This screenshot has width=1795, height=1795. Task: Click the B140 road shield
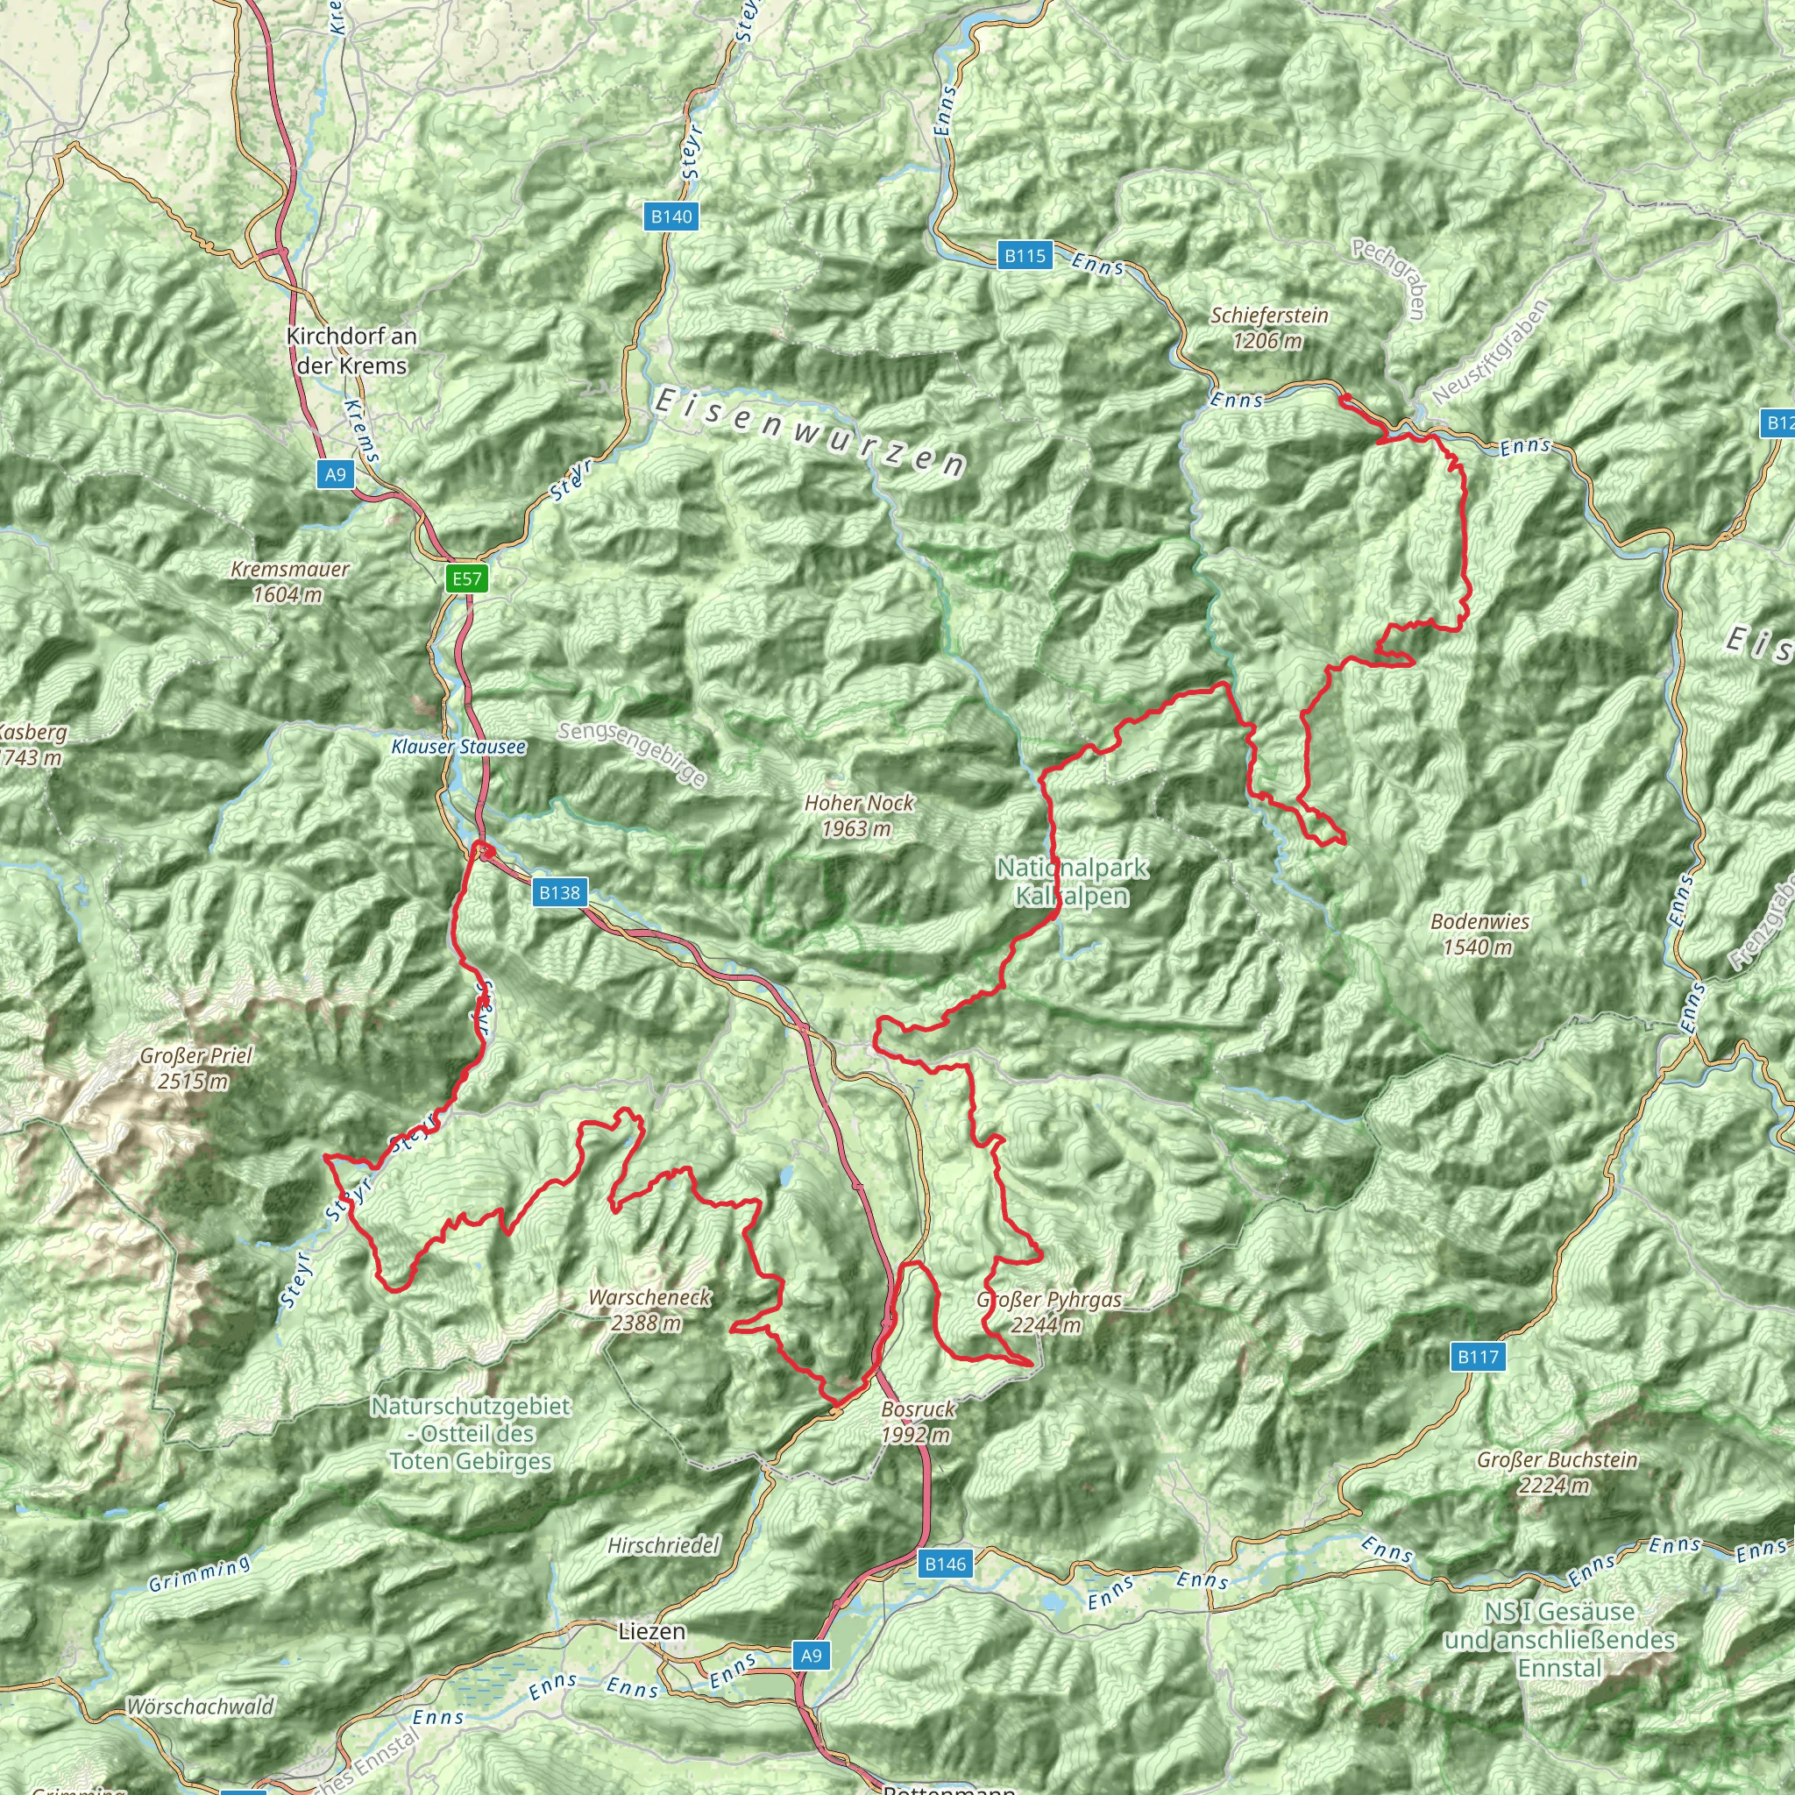click(x=670, y=216)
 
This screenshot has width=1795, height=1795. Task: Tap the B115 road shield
click(x=1025, y=256)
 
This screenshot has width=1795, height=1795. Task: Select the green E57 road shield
click(x=466, y=579)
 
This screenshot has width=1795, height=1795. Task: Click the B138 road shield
click(x=559, y=893)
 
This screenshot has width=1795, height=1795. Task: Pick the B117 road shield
click(x=1477, y=1358)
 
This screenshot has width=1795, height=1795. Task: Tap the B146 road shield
click(x=945, y=1564)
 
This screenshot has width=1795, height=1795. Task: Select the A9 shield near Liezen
click(x=811, y=1656)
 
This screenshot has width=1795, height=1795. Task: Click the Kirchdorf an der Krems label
click(x=351, y=351)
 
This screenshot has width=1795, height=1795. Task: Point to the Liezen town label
click(x=652, y=1631)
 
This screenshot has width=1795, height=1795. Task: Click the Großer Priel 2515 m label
click(x=195, y=1068)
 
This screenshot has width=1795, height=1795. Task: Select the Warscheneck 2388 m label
click(x=649, y=1309)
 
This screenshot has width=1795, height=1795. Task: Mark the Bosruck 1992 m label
click(x=918, y=1422)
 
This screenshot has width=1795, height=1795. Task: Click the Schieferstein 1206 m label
click(x=1268, y=328)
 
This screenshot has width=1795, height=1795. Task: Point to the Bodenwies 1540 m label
click(x=1479, y=933)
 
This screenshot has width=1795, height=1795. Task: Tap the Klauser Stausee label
click(x=458, y=747)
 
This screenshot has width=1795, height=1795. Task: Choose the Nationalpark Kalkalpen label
click(x=1071, y=882)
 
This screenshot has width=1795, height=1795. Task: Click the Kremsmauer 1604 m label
click(x=289, y=582)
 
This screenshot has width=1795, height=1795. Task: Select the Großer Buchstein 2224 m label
click(x=1557, y=1472)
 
